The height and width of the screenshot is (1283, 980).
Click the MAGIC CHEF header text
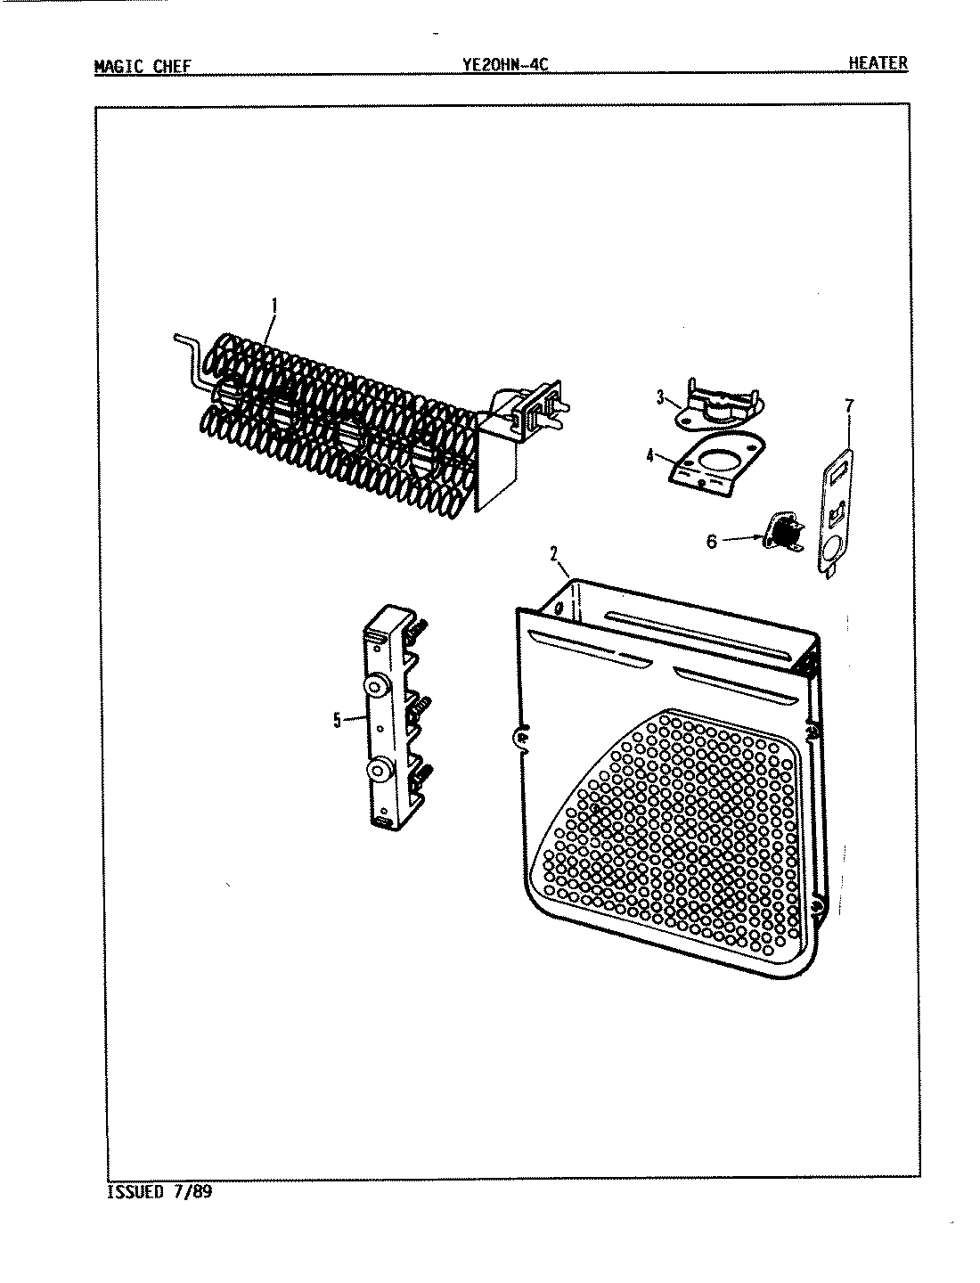pos(142,66)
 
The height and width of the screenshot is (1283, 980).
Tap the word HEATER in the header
pos(878,63)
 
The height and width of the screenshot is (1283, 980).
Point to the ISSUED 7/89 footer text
pos(159,1191)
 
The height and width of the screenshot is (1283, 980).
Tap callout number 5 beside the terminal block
pos(337,721)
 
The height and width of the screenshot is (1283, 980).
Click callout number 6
pos(711,541)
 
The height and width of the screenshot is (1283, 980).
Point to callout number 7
pos(848,406)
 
